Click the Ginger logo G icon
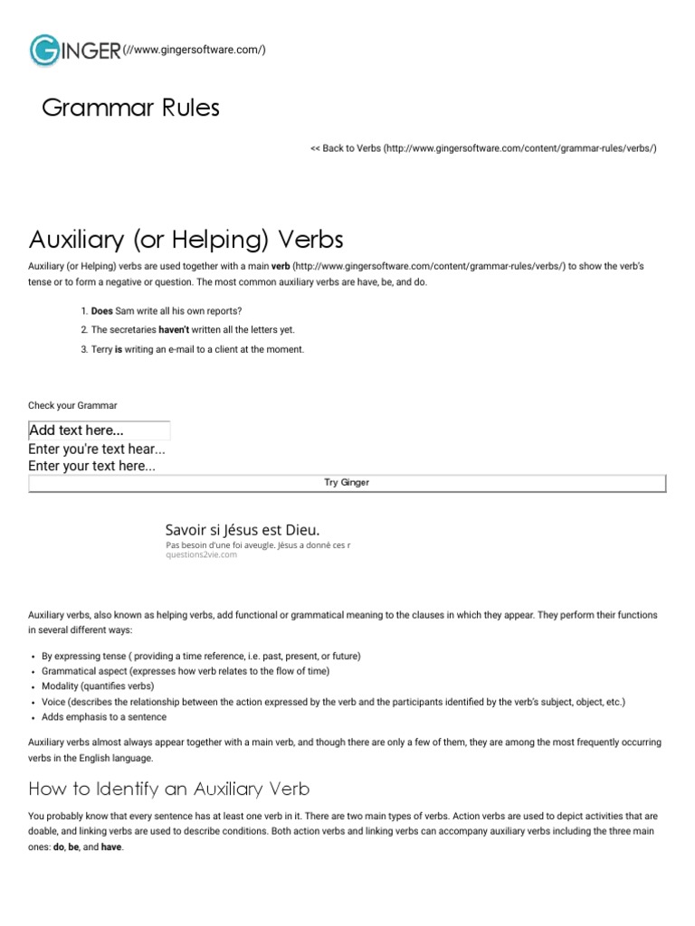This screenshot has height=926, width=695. tap(45, 50)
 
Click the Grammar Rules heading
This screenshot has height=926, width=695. tap(131, 109)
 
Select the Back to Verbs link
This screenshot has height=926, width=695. tap(483, 147)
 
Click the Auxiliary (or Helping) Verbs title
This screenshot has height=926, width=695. tap(186, 240)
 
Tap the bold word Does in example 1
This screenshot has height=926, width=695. tap(102, 311)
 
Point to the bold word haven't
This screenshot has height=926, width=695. tap(173, 330)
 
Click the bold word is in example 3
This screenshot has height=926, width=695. tap(119, 349)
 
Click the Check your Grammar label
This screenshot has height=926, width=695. tap(72, 405)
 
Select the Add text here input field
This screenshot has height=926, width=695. tap(100, 430)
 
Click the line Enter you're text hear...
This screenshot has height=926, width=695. tap(97, 449)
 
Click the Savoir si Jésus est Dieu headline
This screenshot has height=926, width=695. tap(243, 530)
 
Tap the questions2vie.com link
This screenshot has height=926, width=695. tap(202, 555)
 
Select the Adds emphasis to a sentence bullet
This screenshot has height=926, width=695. tap(104, 717)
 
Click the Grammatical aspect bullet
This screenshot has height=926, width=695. tap(186, 671)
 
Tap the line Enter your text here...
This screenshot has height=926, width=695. tap(92, 467)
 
